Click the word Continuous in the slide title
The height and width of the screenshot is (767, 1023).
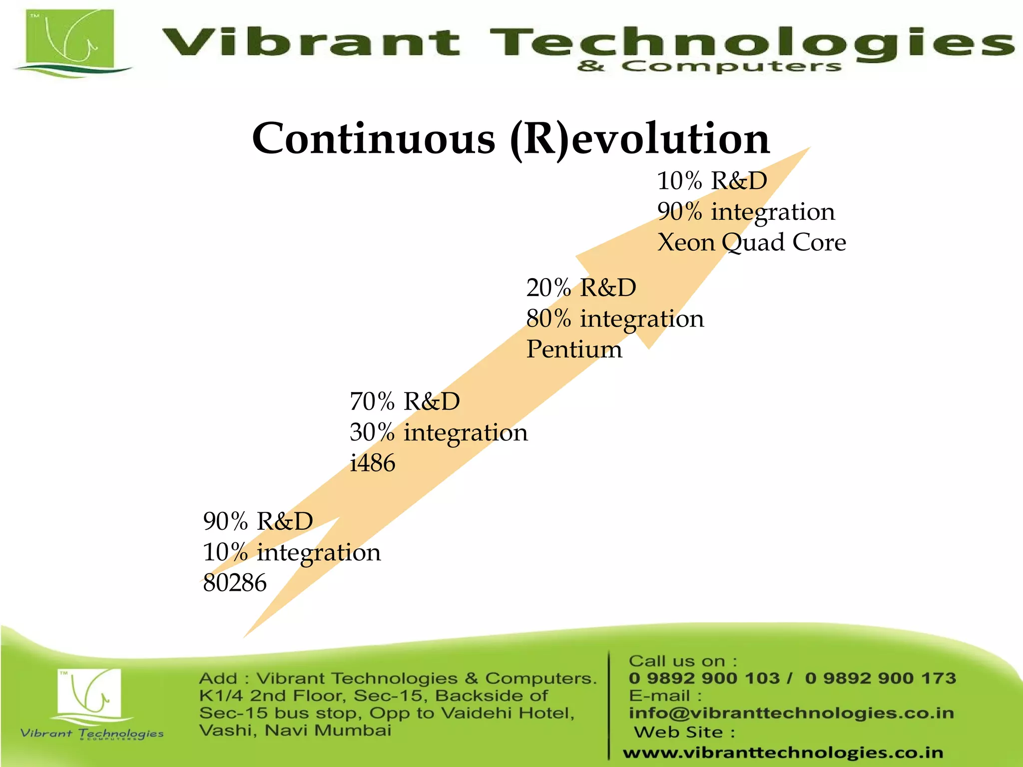(x=374, y=139)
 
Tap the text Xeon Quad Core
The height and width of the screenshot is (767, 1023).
(x=751, y=243)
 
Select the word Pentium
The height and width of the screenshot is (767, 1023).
(x=574, y=349)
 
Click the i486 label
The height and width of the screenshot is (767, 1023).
(x=373, y=463)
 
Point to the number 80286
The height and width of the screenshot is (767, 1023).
(x=235, y=583)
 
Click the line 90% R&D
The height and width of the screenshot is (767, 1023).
(x=258, y=521)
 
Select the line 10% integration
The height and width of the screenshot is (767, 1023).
(x=292, y=552)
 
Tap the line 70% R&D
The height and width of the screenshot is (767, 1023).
(x=405, y=401)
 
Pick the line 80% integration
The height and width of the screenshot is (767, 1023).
(x=615, y=319)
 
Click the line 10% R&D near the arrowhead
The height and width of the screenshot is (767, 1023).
(x=712, y=181)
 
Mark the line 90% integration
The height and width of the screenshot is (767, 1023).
(x=746, y=212)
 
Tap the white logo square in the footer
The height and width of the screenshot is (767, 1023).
(x=89, y=691)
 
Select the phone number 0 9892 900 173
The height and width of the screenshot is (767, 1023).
(x=880, y=678)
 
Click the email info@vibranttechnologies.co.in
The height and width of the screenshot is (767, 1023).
(x=791, y=713)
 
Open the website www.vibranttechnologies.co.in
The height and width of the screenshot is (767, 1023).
(x=783, y=753)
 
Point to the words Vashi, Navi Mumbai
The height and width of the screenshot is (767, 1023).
(x=295, y=731)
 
